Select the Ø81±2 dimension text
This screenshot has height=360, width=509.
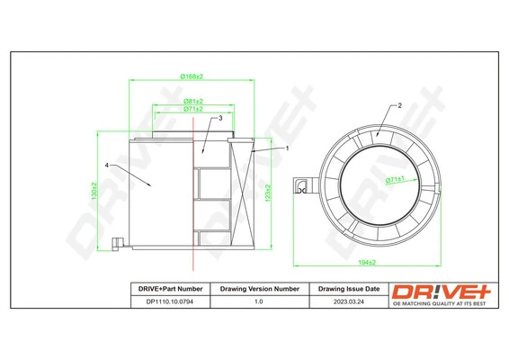coord(192,102)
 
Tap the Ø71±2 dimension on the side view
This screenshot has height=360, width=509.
coord(192,109)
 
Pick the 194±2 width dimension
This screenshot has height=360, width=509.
coord(364,261)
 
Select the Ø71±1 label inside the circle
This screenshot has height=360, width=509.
coord(396,180)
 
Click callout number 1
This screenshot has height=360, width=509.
coord(286,148)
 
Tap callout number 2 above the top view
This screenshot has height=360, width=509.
coord(398,105)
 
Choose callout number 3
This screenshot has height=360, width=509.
coord(219,118)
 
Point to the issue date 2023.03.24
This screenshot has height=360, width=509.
coord(348,302)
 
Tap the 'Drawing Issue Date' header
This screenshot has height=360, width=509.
coord(348,289)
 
